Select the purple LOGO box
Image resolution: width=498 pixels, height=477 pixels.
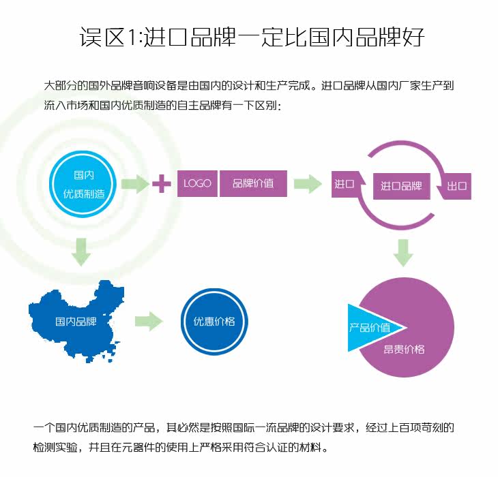[197, 183]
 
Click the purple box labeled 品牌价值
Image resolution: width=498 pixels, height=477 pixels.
[253, 183]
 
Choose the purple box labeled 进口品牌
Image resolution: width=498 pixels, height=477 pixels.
[402, 185]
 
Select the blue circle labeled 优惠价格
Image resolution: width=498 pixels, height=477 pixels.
[214, 321]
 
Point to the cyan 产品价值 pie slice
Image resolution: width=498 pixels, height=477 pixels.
[368, 327]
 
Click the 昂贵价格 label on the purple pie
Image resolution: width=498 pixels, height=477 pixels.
[404, 349]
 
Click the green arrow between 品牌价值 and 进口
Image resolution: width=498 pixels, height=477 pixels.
[308, 183]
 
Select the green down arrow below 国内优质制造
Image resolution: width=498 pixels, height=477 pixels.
[81, 251]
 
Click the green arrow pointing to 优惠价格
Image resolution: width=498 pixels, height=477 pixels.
[149, 321]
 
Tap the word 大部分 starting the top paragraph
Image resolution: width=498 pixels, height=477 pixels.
[58, 87]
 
